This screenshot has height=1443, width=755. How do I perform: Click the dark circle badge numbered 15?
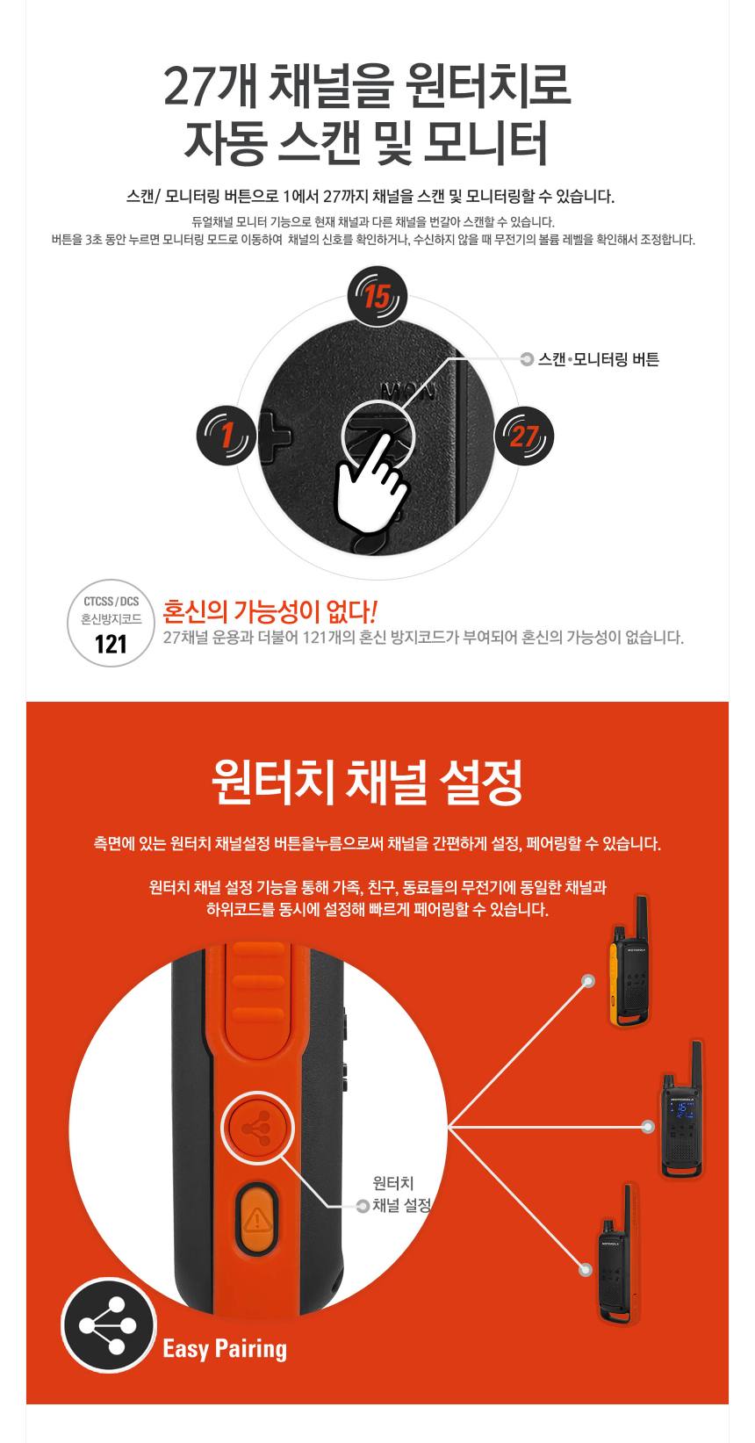pos(377,296)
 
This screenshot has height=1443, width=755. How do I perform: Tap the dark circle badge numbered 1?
pos(226,436)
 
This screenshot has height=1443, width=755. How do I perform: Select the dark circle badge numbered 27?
pos(524,437)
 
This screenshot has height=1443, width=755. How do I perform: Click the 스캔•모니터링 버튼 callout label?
pos(599,359)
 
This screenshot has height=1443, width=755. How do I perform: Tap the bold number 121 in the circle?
pos(111,644)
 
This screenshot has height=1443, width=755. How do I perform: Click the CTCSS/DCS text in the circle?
pos(111,601)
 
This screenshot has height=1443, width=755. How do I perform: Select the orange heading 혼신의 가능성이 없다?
pos(270,610)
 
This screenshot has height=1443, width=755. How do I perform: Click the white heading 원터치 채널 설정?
pos(367,782)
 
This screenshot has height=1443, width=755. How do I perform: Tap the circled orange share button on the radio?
pos(257,1128)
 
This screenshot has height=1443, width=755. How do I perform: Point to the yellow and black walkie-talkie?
pos(629,961)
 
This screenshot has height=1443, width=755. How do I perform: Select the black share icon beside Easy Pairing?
pos(109,1325)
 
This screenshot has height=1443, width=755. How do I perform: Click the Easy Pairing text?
pos(225,1348)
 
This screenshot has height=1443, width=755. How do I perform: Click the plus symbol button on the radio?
pos(275,437)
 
